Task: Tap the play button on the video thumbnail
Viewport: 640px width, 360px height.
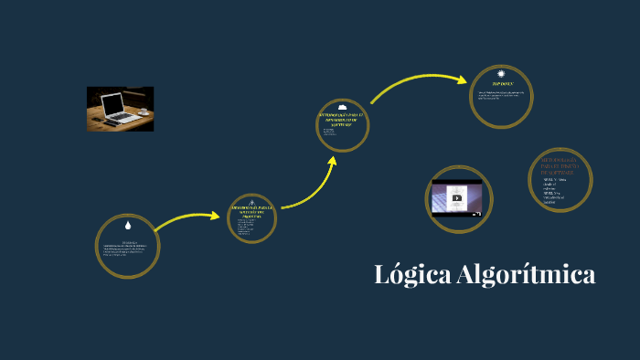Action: (456, 197)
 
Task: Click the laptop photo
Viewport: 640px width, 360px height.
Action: (120, 109)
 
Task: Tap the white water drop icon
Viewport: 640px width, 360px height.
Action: (128, 225)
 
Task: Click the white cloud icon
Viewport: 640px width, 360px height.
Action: (342, 107)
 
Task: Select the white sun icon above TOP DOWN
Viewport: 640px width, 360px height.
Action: (501, 74)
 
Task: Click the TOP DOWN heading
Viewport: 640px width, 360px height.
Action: (502, 83)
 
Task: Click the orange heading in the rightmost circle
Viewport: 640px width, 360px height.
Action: (559, 165)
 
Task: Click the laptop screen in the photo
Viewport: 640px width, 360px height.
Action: (112, 103)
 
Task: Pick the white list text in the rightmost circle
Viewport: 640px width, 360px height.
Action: (556, 191)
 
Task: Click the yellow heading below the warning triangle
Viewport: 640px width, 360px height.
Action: (251, 213)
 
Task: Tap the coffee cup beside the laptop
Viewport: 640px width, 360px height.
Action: (143, 111)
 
